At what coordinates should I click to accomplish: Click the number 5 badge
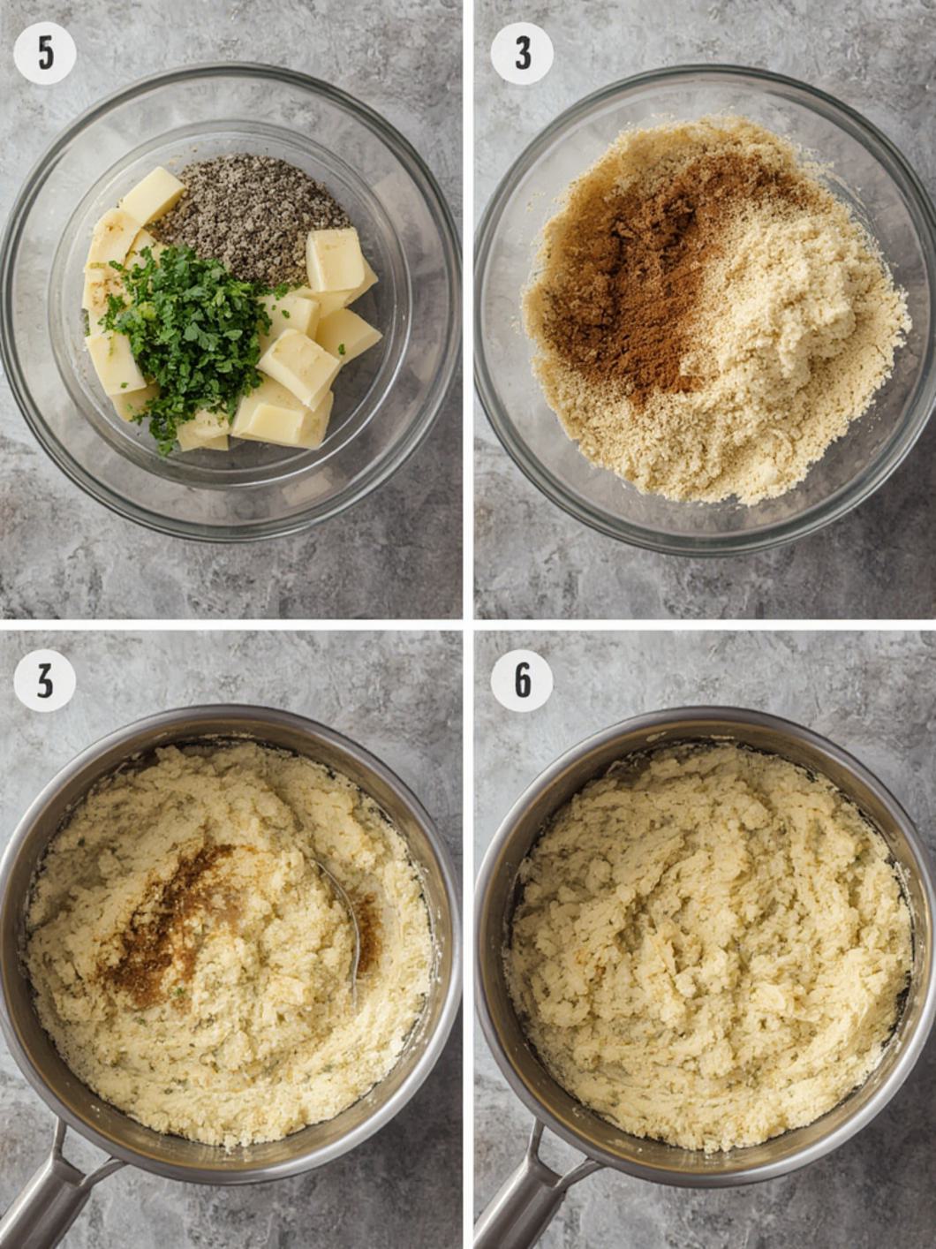(x=45, y=53)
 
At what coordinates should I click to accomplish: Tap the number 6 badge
(x=522, y=680)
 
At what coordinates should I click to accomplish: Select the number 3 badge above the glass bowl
(x=522, y=53)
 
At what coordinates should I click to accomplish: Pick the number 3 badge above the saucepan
(x=45, y=680)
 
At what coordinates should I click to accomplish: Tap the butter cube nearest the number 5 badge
(x=152, y=194)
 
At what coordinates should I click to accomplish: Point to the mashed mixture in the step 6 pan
(x=706, y=945)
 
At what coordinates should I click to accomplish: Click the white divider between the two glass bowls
(x=468, y=309)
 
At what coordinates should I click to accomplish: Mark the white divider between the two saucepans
(x=468, y=936)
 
